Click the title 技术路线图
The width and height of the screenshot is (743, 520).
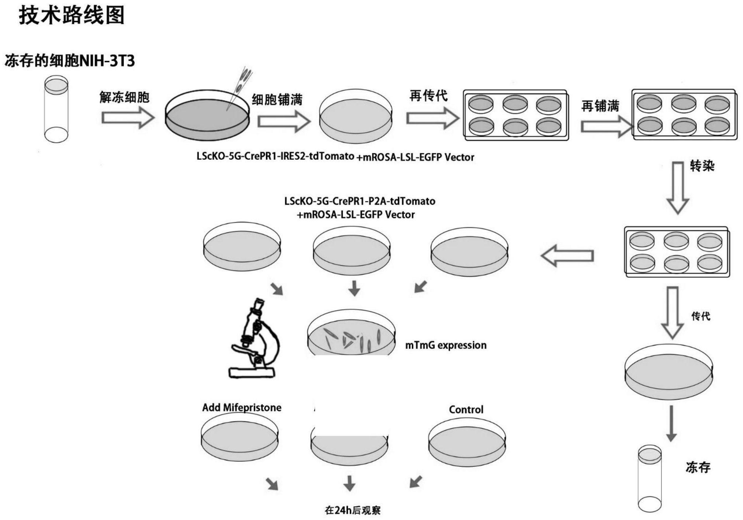point(72,16)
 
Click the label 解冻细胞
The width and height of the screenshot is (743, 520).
point(124,97)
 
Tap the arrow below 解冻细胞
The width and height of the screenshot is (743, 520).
point(128,118)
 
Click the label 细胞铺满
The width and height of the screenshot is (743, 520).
point(277,100)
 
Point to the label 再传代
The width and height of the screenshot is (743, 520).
point(428,96)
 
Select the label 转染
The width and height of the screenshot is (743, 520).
point(702,166)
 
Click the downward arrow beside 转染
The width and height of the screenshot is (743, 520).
point(678,187)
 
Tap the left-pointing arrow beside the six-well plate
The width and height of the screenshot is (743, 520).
point(567,256)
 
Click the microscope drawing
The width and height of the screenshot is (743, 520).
point(255,339)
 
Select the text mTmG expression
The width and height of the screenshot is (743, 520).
point(446,345)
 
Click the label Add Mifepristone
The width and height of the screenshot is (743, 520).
point(242,408)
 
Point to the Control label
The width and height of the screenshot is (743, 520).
point(466,409)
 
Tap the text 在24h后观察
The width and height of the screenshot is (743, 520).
point(352,510)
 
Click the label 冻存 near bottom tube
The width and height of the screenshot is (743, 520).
point(698,467)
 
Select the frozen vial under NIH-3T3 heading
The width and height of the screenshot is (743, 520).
point(56,109)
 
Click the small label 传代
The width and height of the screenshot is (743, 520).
point(701,316)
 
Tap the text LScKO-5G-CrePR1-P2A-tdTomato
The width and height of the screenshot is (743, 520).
point(360,201)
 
